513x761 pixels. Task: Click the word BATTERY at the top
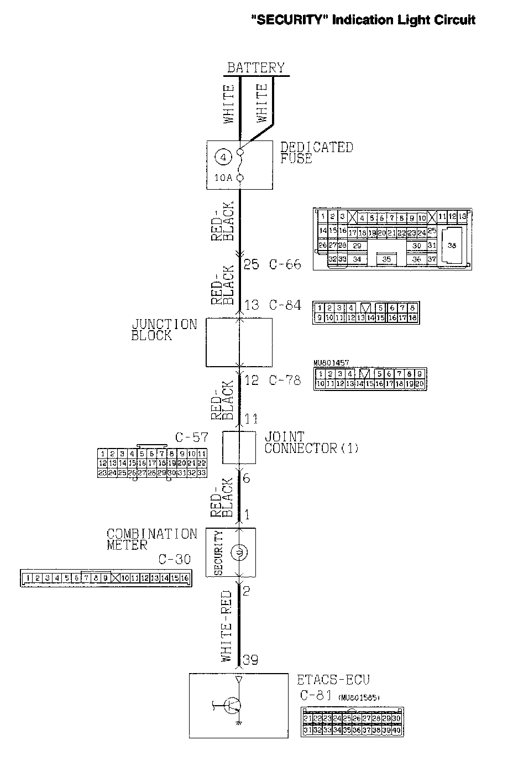click(x=256, y=68)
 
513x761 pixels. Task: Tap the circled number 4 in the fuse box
click(x=223, y=158)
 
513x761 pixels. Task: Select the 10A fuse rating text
click(x=223, y=178)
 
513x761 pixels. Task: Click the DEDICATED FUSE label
click(x=316, y=153)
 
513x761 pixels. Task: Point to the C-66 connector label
click(x=285, y=264)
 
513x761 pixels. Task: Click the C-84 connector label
click(x=285, y=305)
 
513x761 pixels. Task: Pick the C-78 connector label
click(x=285, y=380)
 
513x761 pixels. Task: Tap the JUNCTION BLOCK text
click(x=164, y=330)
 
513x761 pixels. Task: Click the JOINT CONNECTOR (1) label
click(x=311, y=442)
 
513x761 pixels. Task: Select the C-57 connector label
click(x=191, y=437)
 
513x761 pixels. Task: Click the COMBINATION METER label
click(x=151, y=539)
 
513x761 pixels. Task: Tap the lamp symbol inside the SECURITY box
click(x=239, y=552)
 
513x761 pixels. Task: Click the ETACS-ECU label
click(x=333, y=680)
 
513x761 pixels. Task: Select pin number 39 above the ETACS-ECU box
click(x=250, y=660)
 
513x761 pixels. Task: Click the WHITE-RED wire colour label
click(x=227, y=626)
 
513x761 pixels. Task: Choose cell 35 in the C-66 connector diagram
click(x=386, y=258)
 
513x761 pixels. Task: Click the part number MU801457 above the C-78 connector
click(x=331, y=363)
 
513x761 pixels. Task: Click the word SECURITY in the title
click(x=286, y=20)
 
